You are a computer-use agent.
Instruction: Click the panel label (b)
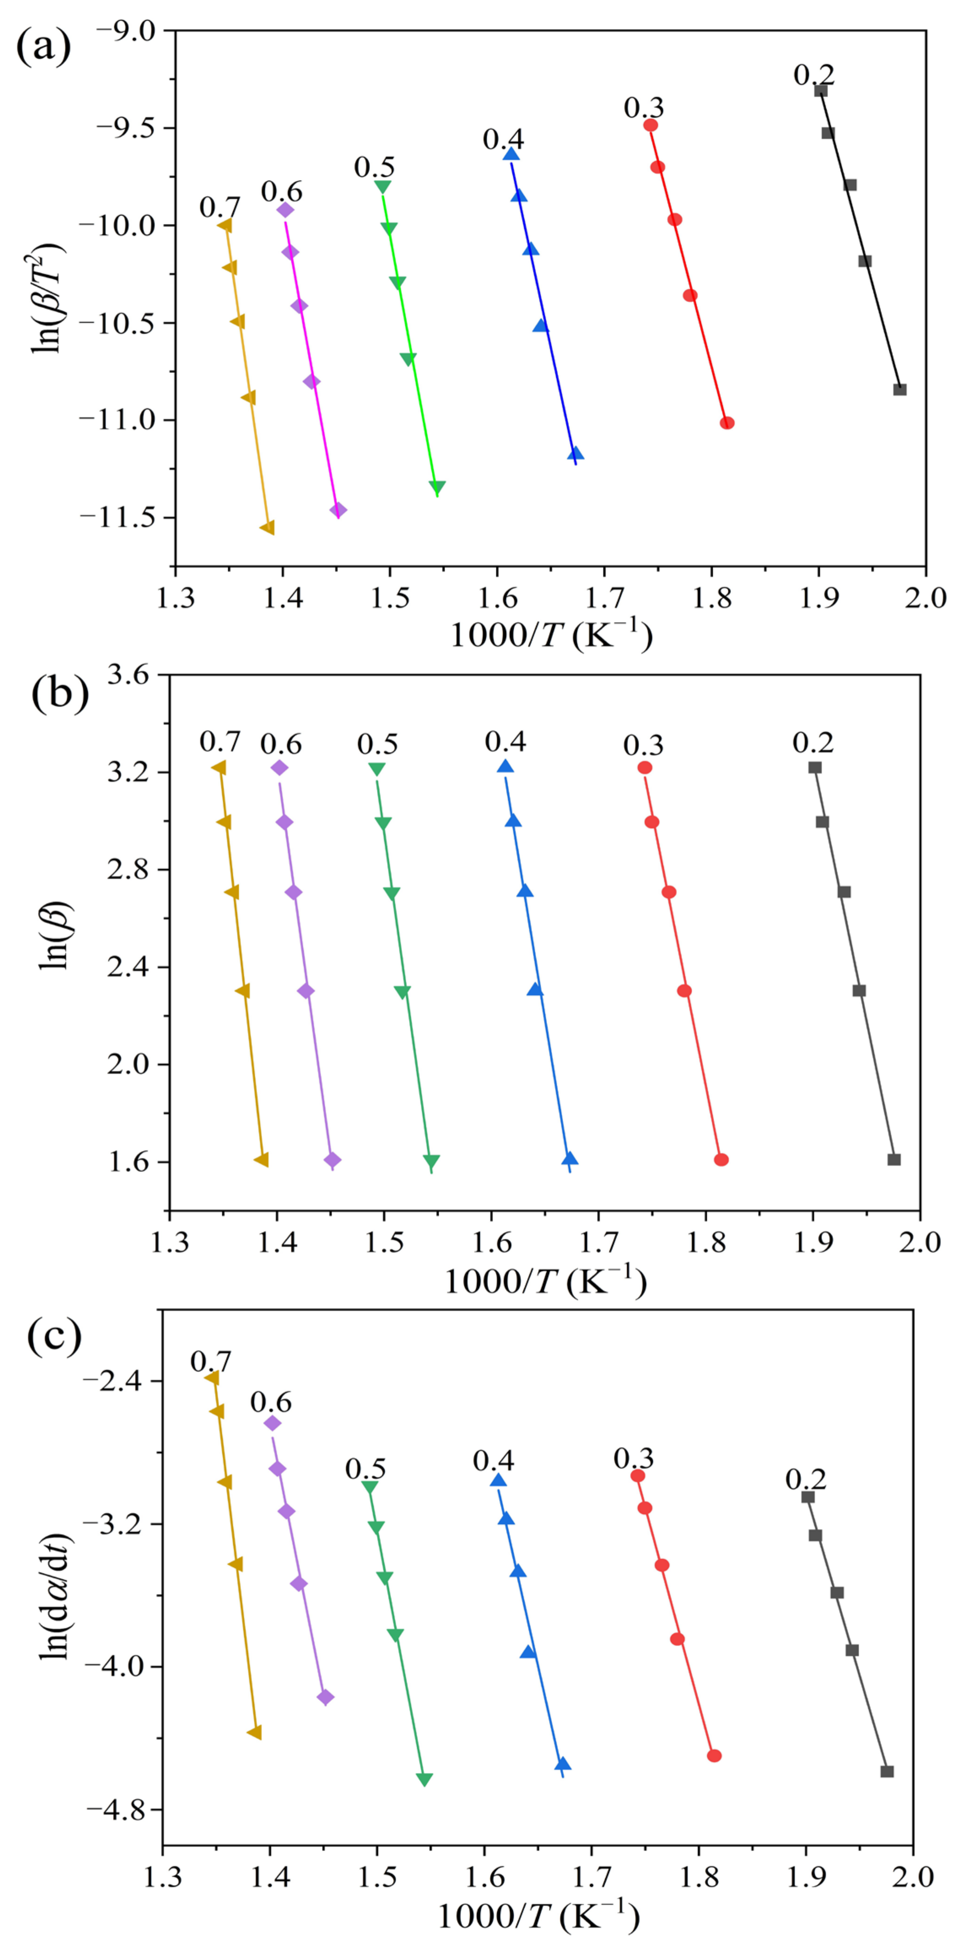(x=59, y=692)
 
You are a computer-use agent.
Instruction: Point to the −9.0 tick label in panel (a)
(x=125, y=30)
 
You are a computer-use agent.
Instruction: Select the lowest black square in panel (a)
(x=900, y=389)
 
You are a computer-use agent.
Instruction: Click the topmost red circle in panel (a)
(x=650, y=125)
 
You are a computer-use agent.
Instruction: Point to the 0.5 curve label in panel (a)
(x=374, y=167)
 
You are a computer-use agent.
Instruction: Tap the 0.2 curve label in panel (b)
(x=813, y=742)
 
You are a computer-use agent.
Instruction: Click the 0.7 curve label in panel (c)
(x=210, y=1361)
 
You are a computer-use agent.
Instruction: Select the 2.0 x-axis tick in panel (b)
(x=919, y=1242)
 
